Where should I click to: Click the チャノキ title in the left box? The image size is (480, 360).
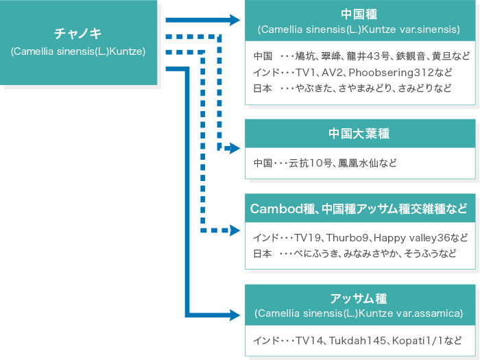[77, 34]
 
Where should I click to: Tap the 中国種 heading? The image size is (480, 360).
[359, 14]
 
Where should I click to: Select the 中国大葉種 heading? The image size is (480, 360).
[359, 134]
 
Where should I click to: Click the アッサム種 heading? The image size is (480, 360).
[359, 298]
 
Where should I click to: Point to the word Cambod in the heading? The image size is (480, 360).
[277, 208]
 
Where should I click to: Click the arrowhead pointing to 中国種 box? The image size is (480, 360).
[235, 20]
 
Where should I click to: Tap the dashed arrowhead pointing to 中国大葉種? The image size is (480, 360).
[235, 149]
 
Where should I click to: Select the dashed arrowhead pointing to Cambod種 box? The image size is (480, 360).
[235, 230]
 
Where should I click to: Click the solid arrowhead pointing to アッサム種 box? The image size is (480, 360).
[235, 315]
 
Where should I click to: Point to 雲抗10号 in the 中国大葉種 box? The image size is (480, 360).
[310, 163]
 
